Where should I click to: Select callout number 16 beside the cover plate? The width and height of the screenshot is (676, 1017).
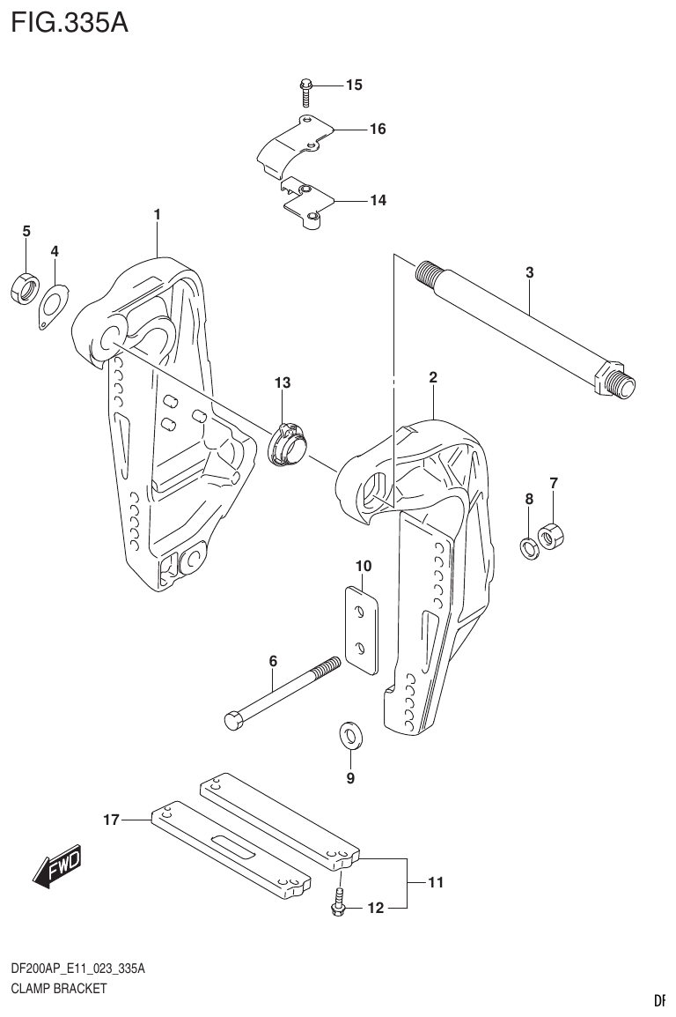pos(377,130)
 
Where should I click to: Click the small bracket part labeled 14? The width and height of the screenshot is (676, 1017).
pos(306,201)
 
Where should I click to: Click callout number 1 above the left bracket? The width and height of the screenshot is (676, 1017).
pos(157,214)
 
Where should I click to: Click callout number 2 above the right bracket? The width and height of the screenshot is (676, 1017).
pos(433,378)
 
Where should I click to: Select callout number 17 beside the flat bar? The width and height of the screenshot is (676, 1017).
pos(110,820)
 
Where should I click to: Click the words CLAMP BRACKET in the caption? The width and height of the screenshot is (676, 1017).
pos(59,988)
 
